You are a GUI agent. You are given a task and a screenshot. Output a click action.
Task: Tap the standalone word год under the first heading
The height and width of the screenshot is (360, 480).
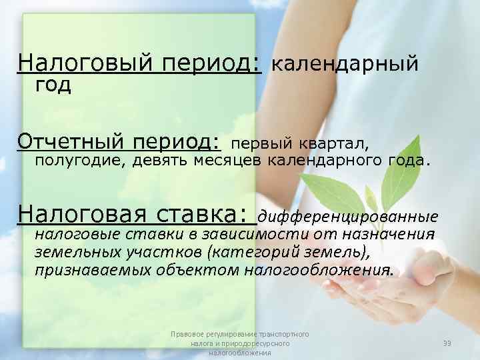click(53, 85)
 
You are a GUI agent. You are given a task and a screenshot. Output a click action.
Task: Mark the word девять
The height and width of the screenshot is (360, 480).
click(159, 160)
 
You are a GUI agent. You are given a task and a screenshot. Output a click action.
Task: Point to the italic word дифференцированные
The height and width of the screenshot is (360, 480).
click(348, 216)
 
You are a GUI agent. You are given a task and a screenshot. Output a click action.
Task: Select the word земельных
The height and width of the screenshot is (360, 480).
click(78, 252)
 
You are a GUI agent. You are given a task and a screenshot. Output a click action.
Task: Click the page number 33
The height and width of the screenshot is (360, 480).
click(447, 343)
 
